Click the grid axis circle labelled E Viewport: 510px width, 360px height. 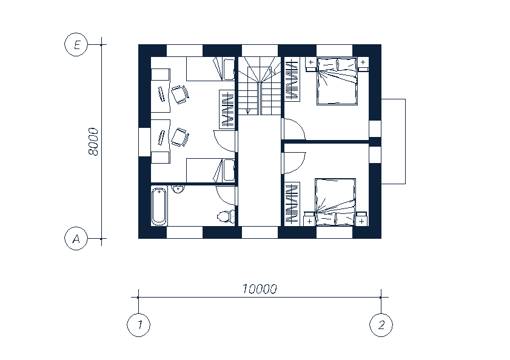pyautogui.click(x=76, y=45)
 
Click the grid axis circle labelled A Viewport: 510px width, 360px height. pyautogui.click(x=76, y=239)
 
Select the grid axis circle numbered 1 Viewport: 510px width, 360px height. pyautogui.click(x=138, y=325)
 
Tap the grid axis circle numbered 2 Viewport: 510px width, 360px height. pyautogui.click(x=381, y=325)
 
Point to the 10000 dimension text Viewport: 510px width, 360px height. pyautogui.click(x=260, y=288)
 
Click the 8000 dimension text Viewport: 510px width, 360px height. pyautogui.click(x=93, y=141)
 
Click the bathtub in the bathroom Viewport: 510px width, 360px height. pyautogui.click(x=159, y=206)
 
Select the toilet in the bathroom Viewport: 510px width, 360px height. pyautogui.click(x=226, y=216)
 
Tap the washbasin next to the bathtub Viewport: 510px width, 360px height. pyautogui.click(x=178, y=189)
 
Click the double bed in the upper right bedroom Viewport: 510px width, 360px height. pyautogui.click(x=337, y=81)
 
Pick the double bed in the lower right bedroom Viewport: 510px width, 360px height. pyautogui.click(x=335, y=202)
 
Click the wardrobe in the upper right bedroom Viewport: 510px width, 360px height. pyautogui.click(x=292, y=79)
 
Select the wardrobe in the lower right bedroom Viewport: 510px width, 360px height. pyautogui.click(x=292, y=204)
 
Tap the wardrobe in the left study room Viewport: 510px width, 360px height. pyautogui.click(x=227, y=109)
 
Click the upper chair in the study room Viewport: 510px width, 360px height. pyautogui.click(x=180, y=95)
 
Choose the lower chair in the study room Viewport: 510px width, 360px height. pyautogui.click(x=180, y=138)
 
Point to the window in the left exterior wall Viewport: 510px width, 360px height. pyautogui.click(x=145, y=142)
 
